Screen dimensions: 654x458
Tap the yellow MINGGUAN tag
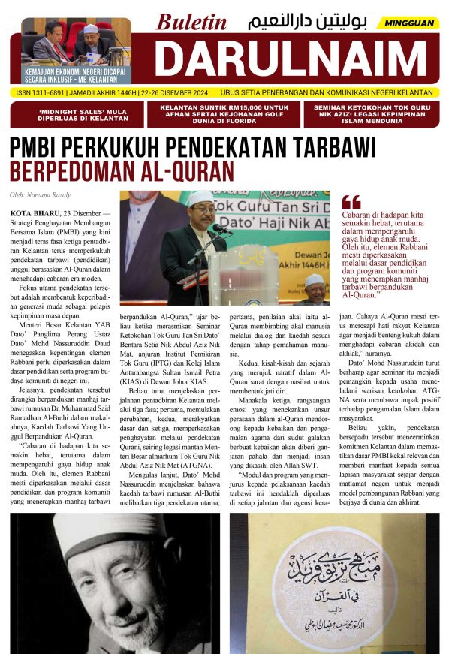(408, 23)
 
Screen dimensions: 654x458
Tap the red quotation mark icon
(351, 201)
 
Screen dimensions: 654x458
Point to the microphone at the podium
(218, 228)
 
